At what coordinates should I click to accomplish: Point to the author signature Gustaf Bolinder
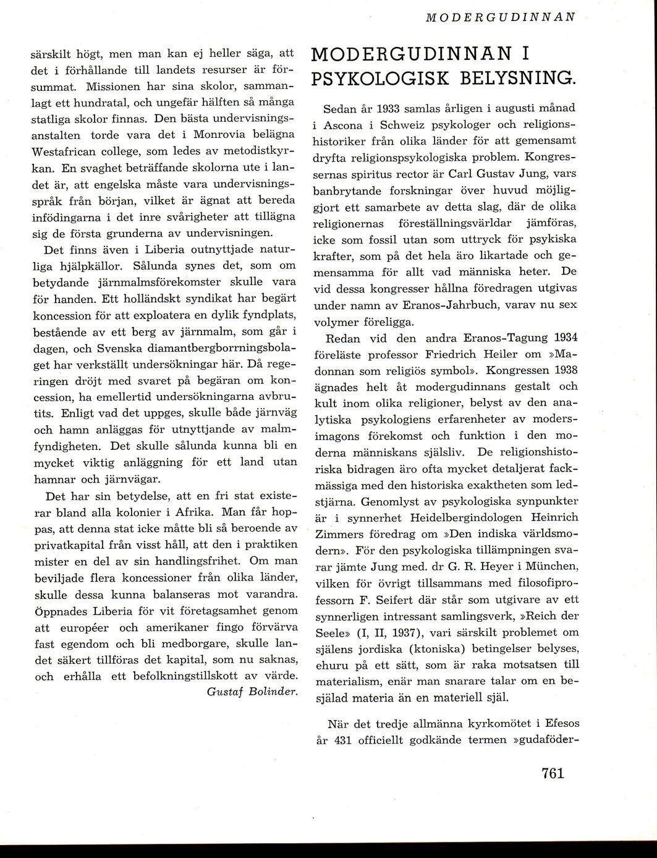coord(252,690)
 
